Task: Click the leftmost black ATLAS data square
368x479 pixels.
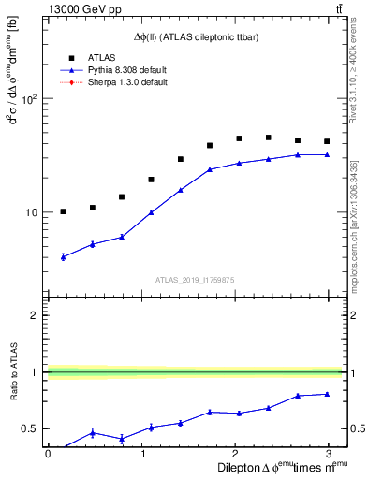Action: pos(63,211)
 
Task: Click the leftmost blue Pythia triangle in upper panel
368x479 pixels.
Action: pos(63,256)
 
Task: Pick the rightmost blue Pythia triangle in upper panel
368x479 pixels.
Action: pos(327,154)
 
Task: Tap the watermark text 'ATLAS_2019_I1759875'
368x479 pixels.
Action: pos(195,279)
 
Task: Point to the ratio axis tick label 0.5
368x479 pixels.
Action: pos(30,429)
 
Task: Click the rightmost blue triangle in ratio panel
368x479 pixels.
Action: pos(327,394)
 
